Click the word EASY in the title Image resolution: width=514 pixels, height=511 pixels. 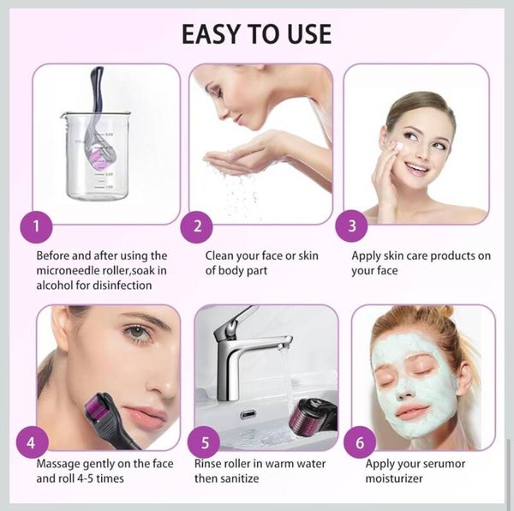[211, 34]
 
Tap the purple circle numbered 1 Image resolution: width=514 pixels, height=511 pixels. [36, 227]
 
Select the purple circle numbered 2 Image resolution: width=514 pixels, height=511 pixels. [197, 227]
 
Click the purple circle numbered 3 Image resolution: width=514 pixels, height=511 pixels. [351, 226]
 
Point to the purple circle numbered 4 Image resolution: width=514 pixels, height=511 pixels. [32, 442]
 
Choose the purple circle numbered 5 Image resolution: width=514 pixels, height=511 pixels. [204, 442]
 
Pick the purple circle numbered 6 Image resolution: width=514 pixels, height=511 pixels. [360, 442]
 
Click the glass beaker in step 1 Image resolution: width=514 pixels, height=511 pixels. [96, 156]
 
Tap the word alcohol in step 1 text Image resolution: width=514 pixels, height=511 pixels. [55, 286]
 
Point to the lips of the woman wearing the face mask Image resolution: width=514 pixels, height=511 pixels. [412, 411]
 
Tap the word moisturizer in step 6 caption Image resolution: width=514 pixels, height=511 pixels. [394, 478]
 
